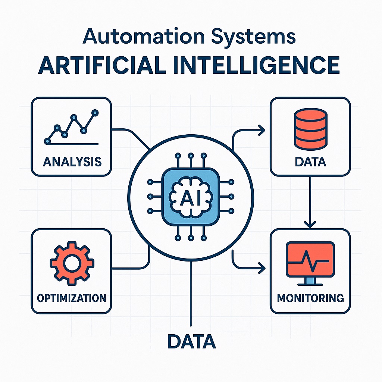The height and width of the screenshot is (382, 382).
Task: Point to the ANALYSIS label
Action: [72, 162]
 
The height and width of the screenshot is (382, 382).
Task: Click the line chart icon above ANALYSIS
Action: [71, 127]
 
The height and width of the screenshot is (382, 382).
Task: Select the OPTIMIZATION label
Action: [72, 298]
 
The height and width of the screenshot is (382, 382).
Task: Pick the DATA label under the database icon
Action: [310, 162]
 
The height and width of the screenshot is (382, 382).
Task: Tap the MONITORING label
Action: [310, 298]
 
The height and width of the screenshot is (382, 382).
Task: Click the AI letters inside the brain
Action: [191, 198]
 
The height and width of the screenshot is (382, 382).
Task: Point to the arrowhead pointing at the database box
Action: [262, 130]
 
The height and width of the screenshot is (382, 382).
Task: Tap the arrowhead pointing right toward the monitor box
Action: [262, 267]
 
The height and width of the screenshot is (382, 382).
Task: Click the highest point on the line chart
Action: [95, 112]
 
